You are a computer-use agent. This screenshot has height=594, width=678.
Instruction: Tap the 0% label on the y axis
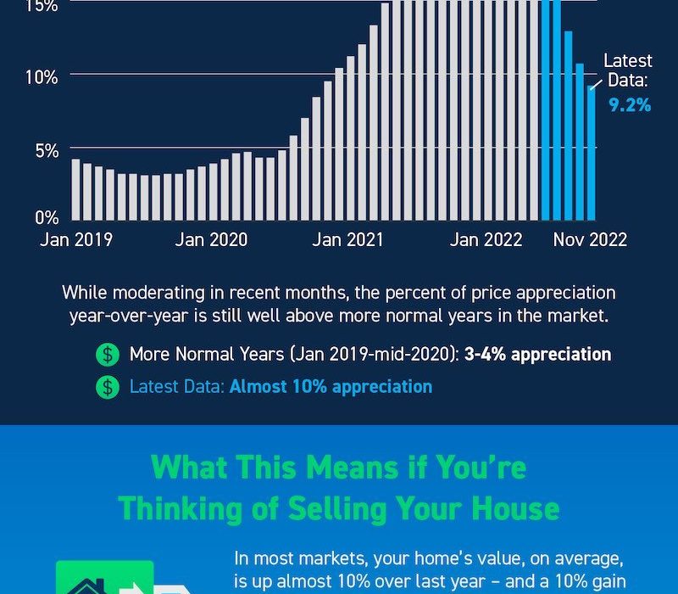(x=46, y=216)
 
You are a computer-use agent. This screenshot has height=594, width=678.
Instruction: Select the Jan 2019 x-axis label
(x=75, y=240)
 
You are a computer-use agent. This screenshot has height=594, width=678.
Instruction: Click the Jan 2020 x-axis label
(x=211, y=240)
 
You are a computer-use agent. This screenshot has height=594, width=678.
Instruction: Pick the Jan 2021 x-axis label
(x=347, y=240)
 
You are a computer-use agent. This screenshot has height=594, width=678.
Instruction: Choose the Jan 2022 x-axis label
(x=486, y=240)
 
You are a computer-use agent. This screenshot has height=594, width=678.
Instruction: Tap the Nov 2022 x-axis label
(x=590, y=240)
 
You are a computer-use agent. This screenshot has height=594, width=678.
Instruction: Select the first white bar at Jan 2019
(x=75, y=188)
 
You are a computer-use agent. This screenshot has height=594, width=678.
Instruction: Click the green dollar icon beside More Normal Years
(x=108, y=354)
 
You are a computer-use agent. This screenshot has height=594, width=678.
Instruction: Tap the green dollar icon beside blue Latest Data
(x=108, y=387)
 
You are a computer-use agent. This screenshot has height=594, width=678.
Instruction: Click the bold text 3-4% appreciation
(x=537, y=354)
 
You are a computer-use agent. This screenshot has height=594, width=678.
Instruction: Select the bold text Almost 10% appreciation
(x=331, y=387)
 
